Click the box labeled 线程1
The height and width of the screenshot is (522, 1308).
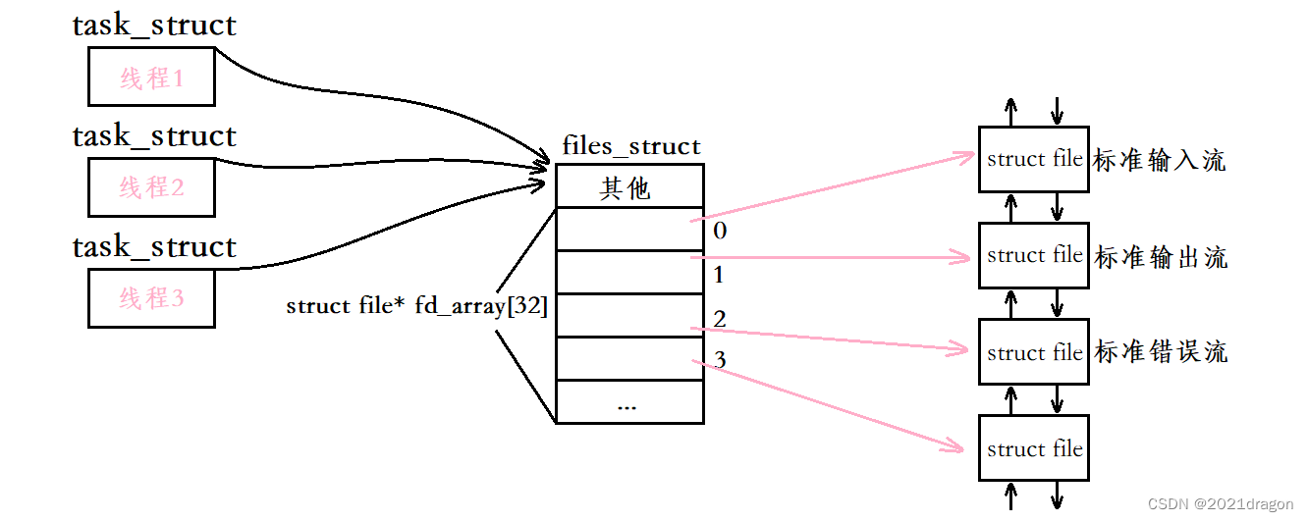point(151,77)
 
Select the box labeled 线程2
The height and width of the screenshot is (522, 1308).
point(151,186)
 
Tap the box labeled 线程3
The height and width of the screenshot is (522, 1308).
point(151,297)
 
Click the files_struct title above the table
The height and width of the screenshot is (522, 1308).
point(631,147)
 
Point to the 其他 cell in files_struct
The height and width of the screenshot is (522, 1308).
point(629,186)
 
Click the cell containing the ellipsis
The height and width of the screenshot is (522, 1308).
point(629,402)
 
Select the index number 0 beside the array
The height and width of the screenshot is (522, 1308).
point(720,232)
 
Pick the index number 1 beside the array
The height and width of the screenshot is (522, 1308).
point(719,275)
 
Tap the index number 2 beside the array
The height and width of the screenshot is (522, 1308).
point(720,318)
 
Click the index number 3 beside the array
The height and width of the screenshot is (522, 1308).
point(720,361)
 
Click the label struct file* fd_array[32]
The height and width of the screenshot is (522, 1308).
point(416,306)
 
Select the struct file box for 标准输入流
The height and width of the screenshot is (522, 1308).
point(1033,159)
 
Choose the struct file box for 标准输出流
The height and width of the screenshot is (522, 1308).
point(1033,255)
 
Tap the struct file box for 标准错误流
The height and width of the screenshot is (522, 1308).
point(1033,352)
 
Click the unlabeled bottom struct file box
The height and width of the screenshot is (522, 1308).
point(1033,448)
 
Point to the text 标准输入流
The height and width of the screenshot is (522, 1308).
point(1160,161)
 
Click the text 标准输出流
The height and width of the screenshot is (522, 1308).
point(1160,257)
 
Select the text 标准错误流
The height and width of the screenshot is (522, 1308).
point(1160,352)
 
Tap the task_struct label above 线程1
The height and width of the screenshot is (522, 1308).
point(154,26)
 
